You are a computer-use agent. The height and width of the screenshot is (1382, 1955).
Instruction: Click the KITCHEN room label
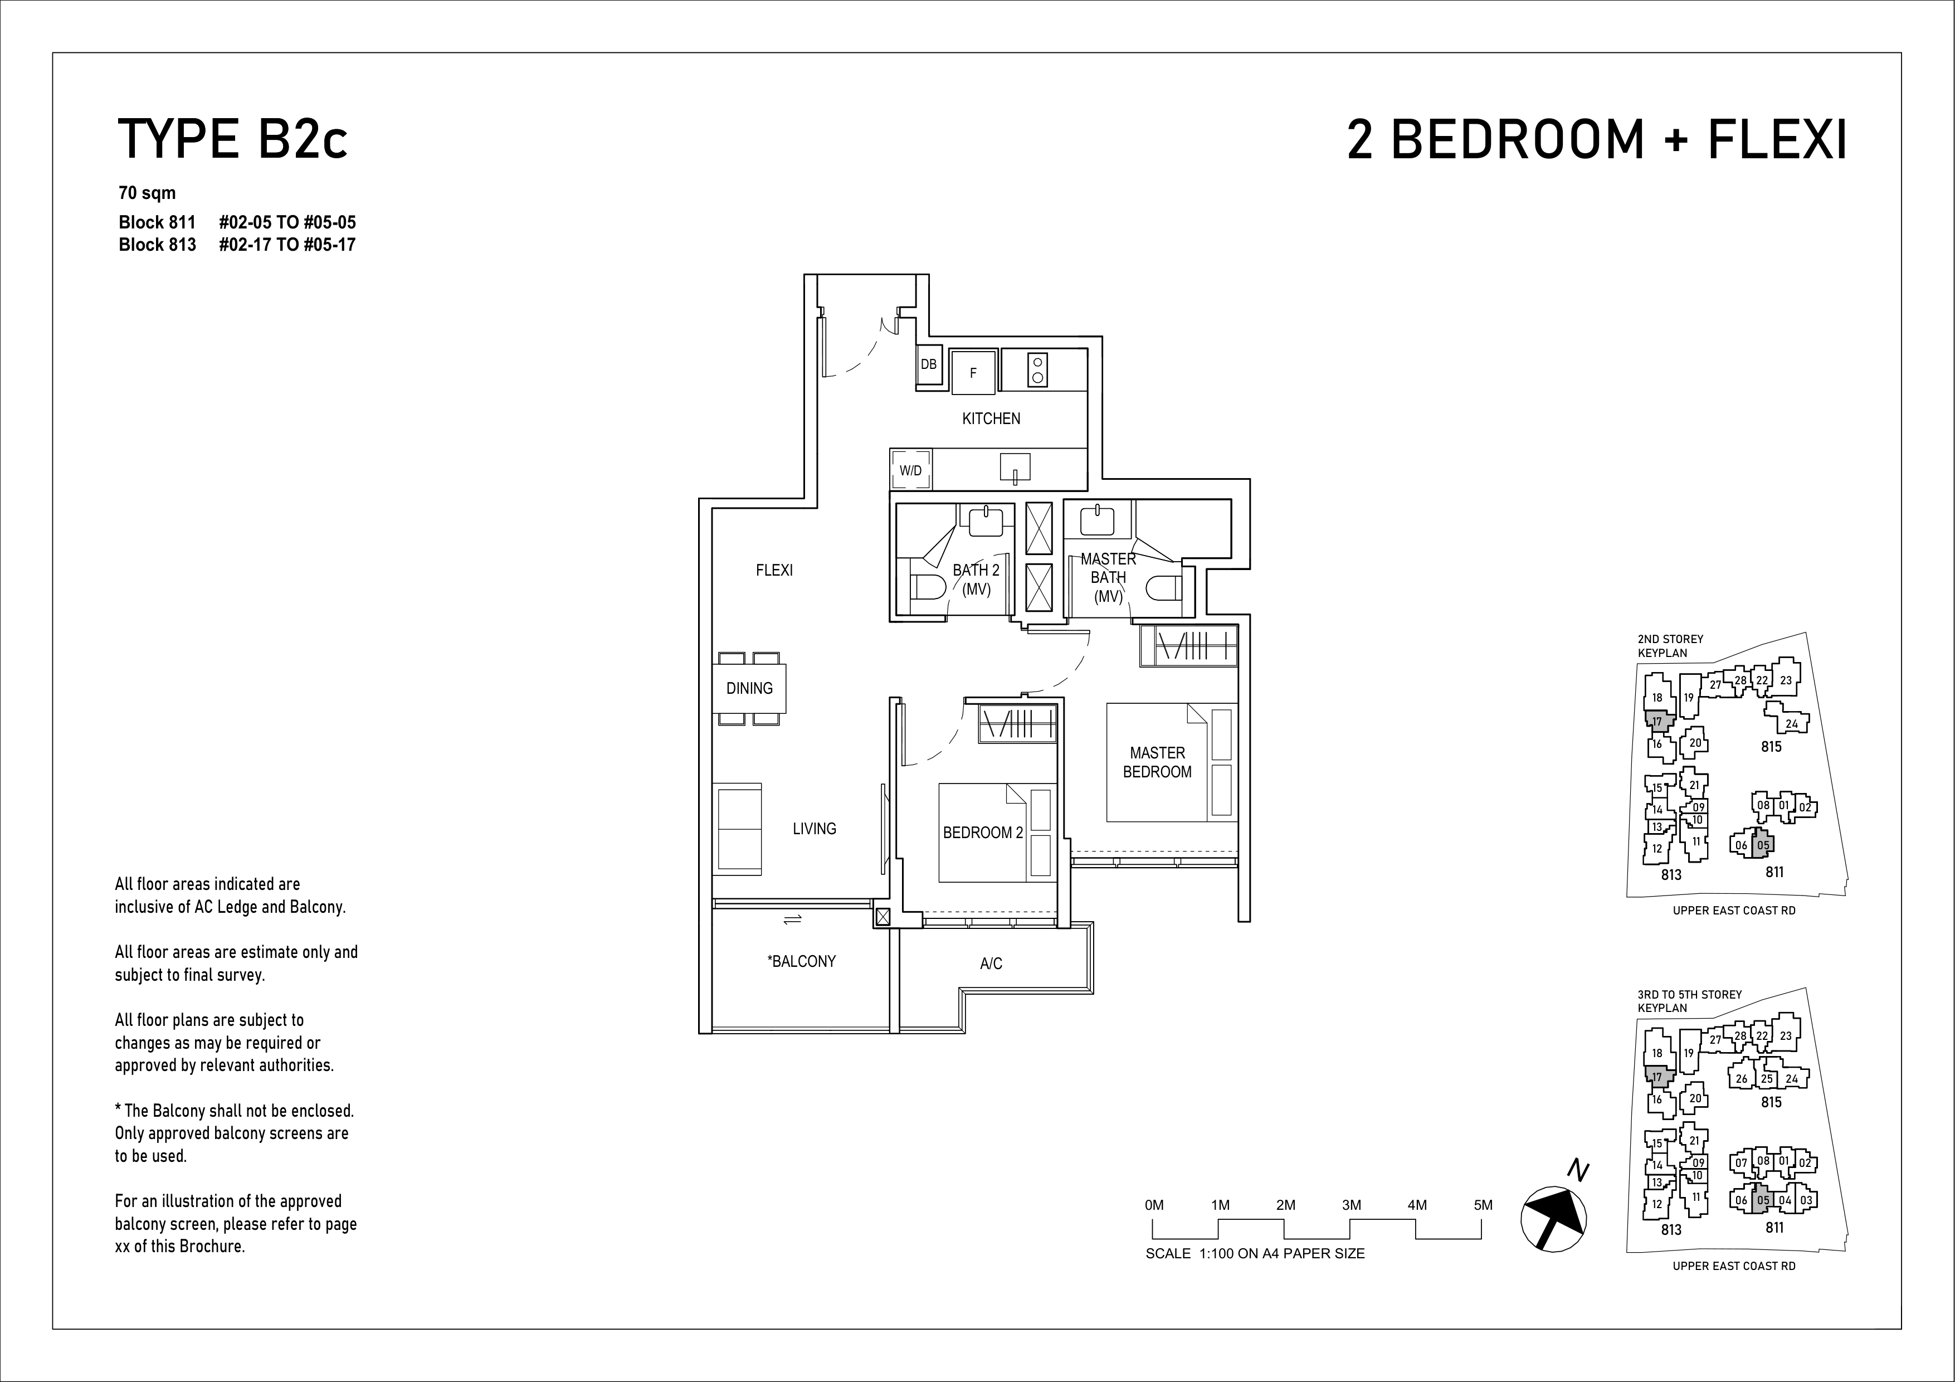pos(991,418)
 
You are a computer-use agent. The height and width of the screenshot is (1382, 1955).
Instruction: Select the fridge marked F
pos(973,372)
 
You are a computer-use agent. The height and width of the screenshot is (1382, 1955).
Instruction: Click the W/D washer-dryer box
pos(911,470)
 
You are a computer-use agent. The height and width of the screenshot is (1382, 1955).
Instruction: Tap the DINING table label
pos(749,688)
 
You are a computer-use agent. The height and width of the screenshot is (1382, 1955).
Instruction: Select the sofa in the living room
pos(738,829)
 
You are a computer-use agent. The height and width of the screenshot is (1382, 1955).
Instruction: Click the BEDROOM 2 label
pos(983,833)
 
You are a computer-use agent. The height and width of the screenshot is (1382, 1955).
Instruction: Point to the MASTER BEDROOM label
pos(1157,762)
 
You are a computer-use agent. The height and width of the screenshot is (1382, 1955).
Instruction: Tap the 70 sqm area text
pos(147,193)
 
